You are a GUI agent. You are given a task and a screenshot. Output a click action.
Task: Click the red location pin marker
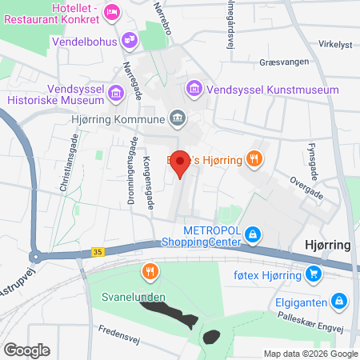[181, 162]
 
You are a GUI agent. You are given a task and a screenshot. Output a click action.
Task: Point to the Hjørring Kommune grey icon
[178, 119]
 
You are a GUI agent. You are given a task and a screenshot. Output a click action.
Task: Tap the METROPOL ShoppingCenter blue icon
[253, 234]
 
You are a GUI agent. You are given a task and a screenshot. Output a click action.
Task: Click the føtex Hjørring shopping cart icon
[314, 276]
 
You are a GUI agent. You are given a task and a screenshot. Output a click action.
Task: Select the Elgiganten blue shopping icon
[340, 301]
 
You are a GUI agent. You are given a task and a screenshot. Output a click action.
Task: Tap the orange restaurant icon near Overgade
[254, 158]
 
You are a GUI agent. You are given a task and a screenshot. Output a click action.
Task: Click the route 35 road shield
[98, 252]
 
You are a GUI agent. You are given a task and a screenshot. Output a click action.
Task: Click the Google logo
[26, 350]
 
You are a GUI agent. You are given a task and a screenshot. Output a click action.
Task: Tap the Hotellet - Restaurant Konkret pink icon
[112, 12]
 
